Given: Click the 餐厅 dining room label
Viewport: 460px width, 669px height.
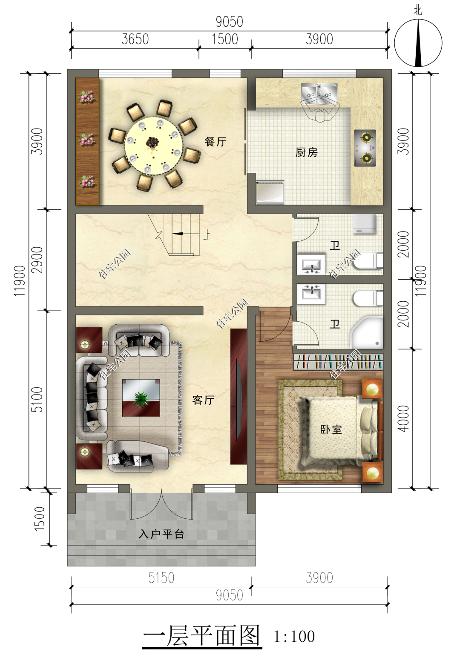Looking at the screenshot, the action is click(216, 142).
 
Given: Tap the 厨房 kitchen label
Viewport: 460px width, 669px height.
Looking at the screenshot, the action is click(306, 152).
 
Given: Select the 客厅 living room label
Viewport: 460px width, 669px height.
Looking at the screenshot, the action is click(203, 400).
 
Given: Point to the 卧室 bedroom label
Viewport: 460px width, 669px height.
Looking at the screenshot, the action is click(331, 430).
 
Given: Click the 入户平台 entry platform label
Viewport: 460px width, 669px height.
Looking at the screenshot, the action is click(161, 534).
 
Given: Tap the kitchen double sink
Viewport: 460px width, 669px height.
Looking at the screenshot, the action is click(319, 94).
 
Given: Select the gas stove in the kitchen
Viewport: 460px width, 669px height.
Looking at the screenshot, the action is click(365, 148).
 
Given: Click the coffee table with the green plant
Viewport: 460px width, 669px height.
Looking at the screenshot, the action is click(141, 398).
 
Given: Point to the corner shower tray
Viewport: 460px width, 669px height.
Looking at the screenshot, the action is click(366, 333).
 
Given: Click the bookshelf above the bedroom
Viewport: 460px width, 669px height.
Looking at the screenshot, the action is click(338, 361).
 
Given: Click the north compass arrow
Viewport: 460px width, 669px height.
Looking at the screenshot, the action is click(418, 43).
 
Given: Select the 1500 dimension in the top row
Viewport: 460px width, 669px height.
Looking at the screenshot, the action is click(225, 40).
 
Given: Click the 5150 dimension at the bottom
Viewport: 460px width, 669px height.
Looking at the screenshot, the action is click(161, 578).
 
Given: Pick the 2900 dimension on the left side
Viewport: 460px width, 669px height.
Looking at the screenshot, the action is click(37, 260).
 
